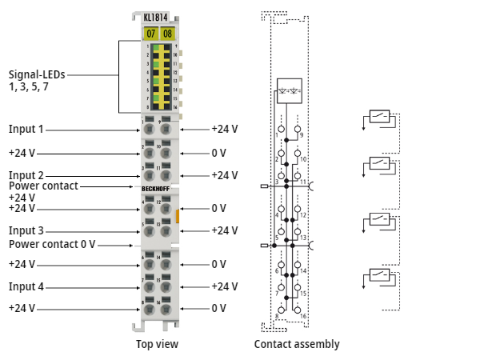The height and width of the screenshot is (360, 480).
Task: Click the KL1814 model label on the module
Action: click(x=158, y=15)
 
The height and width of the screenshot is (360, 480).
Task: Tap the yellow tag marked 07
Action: click(x=150, y=33)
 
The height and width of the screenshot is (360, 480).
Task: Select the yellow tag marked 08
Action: click(x=167, y=33)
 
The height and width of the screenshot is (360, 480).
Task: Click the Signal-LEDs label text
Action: click(x=37, y=79)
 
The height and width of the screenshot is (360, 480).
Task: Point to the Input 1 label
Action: click(x=26, y=129)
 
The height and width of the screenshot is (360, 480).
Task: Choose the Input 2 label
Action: click(x=26, y=175)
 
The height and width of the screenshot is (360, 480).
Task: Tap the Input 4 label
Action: click(x=26, y=286)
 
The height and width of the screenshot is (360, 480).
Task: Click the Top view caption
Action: click(x=157, y=344)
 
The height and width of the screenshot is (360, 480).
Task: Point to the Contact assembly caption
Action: click(x=297, y=344)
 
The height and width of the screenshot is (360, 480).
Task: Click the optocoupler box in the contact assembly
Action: click(x=288, y=88)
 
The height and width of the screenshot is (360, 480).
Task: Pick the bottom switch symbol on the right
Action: click(x=379, y=276)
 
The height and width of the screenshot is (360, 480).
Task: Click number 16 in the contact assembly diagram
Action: click(x=303, y=317)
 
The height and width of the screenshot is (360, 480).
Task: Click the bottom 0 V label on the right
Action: click(x=218, y=308)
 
